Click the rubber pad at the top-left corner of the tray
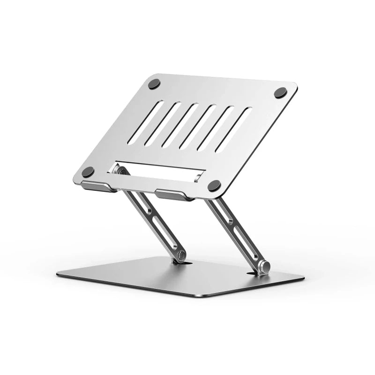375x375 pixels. (x=154, y=84)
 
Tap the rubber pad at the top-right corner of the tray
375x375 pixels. (x=280, y=92)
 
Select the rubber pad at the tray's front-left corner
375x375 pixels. (x=88, y=172)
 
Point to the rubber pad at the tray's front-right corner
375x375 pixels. (x=214, y=186)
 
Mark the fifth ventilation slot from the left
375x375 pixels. (x=218, y=127)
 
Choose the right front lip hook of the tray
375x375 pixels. (x=174, y=195)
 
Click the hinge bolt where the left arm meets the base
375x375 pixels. (x=180, y=255)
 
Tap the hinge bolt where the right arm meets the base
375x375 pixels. (x=264, y=267)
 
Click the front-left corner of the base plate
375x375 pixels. (x=59, y=274)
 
